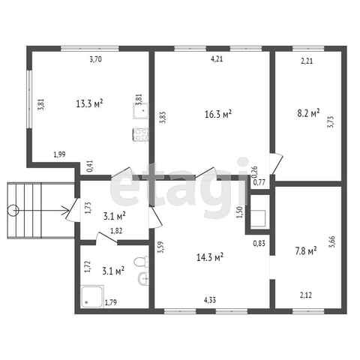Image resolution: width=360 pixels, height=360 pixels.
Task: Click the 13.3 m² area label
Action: pyautogui.click(x=89, y=103)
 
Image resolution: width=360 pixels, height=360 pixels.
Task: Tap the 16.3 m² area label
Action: pyautogui.click(x=218, y=114)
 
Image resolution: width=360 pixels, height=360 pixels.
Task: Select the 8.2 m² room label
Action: pyautogui.click(x=308, y=113)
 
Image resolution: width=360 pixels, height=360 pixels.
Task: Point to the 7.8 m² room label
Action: pyautogui.click(x=306, y=250)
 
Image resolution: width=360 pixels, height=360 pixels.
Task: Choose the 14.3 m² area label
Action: pyautogui.click(x=210, y=257)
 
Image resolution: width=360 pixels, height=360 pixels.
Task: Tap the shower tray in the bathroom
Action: pyautogui.click(x=92, y=296)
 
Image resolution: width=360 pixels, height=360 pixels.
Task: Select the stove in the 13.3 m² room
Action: pyautogui.click(x=141, y=135)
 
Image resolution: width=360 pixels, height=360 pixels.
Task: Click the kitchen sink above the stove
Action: pyautogui.click(x=141, y=111)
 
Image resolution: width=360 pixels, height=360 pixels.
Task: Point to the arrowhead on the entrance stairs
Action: pyautogui.click(x=66, y=211)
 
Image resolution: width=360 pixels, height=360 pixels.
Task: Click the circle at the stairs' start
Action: pyautogui.click(x=13, y=211)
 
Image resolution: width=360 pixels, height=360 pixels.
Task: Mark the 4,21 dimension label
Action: pyautogui.click(x=217, y=59)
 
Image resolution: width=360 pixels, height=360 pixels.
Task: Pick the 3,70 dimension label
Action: pyautogui.click(x=95, y=59)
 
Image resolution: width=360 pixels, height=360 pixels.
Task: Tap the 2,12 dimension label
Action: pyautogui.click(x=306, y=295)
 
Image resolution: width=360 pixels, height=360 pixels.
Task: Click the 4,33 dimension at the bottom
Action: pyautogui.click(x=210, y=300)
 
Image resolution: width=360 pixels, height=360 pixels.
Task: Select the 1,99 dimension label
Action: pyautogui.click(x=60, y=154)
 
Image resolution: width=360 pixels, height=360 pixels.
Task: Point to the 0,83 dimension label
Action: pyautogui.click(x=259, y=243)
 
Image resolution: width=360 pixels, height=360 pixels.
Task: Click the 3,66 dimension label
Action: pyautogui.click(x=333, y=242)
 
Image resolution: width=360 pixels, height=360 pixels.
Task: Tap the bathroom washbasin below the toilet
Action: pyautogui.click(x=143, y=278)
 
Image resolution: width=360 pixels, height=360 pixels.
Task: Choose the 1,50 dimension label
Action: pyautogui.click(x=239, y=212)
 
